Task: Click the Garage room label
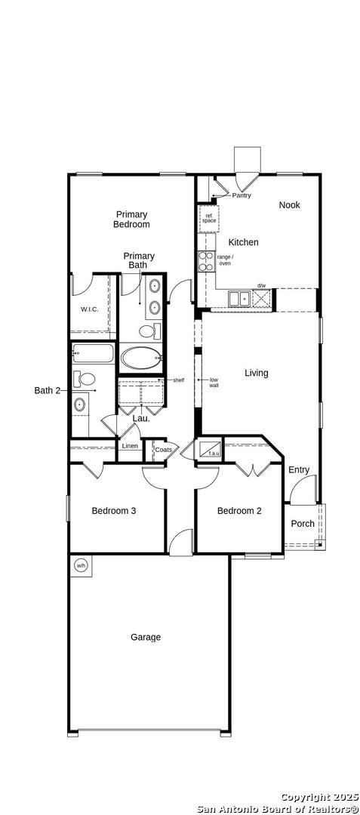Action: [x=146, y=637]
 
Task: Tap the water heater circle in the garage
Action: [x=81, y=565]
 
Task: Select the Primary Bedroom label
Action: [x=131, y=220]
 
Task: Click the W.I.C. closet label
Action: [x=89, y=309]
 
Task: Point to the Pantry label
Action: [x=242, y=195]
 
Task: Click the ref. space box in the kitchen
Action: [x=209, y=218]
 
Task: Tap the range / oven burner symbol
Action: [x=206, y=261]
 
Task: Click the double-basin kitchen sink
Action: [x=239, y=299]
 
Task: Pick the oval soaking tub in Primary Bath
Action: [x=141, y=358]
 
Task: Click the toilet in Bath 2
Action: [x=85, y=378]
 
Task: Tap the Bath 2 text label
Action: [x=48, y=390]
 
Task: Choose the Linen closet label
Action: [x=130, y=446]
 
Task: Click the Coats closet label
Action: [x=164, y=450]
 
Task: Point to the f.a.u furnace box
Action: [x=210, y=450]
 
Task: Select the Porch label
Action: [x=303, y=524]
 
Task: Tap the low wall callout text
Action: [x=214, y=383]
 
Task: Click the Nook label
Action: [x=289, y=205]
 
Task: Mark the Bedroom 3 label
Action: [x=114, y=511]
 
